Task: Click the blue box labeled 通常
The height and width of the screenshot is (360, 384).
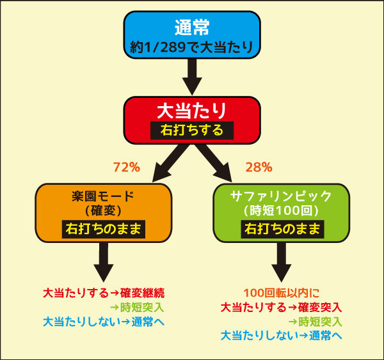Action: pyautogui.click(x=192, y=35)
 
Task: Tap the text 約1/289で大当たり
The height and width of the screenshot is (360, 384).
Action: pyautogui.click(x=191, y=47)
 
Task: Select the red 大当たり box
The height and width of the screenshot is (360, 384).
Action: pyautogui.click(x=192, y=120)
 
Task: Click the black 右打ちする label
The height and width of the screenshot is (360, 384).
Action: pyautogui.click(x=192, y=130)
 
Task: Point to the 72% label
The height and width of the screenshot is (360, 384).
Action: pyautogui.click(x=127, y=168)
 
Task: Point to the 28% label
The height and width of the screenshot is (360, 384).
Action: pyautogui.click(x=259, y=168)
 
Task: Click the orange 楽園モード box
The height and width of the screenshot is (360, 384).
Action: pyautogui.click(x=104, y=213)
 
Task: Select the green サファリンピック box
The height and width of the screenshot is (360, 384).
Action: pyautogui.click(x=282, y=213)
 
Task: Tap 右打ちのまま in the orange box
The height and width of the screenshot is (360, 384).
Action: pyautogui.click(x=104, y=229)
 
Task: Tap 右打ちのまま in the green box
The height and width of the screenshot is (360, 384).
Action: pyautogui.click(x=282, y=229)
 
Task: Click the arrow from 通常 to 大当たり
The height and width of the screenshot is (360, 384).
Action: pyautogui.click(x=192, y=77)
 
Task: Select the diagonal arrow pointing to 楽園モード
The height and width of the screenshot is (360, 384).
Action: pyautogui.click(x=170, y=163)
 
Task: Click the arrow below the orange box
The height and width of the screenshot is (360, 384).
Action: pyautogui.click(x=104, y=262)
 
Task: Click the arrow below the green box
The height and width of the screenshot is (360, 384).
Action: pyautogui.click(x=282, y=262)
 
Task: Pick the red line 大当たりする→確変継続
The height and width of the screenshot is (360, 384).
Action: pyautogui.click(x=104, y=293)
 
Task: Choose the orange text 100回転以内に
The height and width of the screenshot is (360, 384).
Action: pyautogui.click(x=282, y=293)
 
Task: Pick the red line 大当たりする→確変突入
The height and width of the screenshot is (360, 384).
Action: pyautogui.click(x=282, y=308)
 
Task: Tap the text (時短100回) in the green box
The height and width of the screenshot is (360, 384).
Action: pyautogui.click(x=282, y=210)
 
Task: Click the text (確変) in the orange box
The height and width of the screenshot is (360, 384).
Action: pyautogui.click(x=104, y=210)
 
